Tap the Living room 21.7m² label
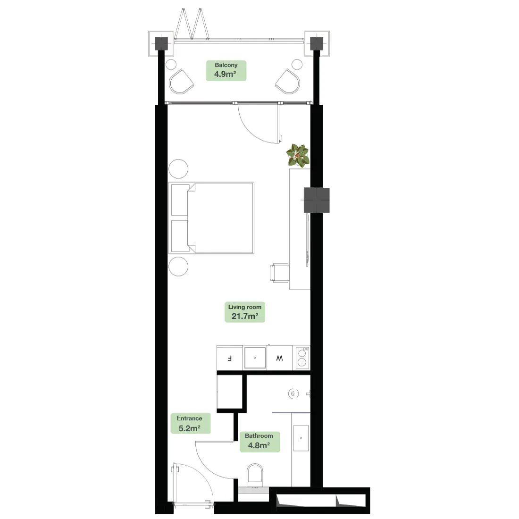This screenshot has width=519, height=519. [244, 312]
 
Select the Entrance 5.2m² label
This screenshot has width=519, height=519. [190, 424]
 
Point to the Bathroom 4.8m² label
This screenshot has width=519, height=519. [259, 441]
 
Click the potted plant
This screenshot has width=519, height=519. [298, 155]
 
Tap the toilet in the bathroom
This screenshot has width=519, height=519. [255, 474]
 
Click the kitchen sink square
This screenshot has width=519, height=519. [255, 358]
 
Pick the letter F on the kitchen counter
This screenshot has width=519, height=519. [230, 358]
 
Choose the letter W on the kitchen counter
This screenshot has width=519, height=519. [280, 358]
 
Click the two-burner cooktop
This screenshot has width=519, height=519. [302, 358]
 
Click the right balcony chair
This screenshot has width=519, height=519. [288, 82]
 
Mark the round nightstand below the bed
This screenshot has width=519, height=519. [178, 267]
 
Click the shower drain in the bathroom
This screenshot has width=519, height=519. [293, 393]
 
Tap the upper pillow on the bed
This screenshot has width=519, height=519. [180, 200]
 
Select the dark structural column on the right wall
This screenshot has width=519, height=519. [318, 200]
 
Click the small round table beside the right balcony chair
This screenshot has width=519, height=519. [297, 64]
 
